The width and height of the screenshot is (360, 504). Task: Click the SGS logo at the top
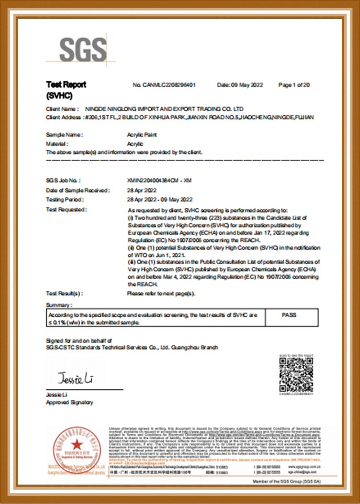(83, 49)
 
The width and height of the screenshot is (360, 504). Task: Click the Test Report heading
(66, 85)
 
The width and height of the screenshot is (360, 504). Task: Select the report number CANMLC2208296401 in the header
(164, 85)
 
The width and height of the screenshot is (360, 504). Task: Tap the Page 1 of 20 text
(294, 85)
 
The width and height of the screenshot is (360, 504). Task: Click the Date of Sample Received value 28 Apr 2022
(142, 190)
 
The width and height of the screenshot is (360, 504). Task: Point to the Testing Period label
(64, 199)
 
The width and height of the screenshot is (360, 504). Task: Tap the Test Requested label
(66, 209)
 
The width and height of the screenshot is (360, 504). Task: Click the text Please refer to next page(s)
(161, 293)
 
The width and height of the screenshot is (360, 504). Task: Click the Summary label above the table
(59, 305)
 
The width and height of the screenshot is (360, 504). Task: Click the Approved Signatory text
(70, 402)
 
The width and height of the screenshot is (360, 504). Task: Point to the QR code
(296, 374)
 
